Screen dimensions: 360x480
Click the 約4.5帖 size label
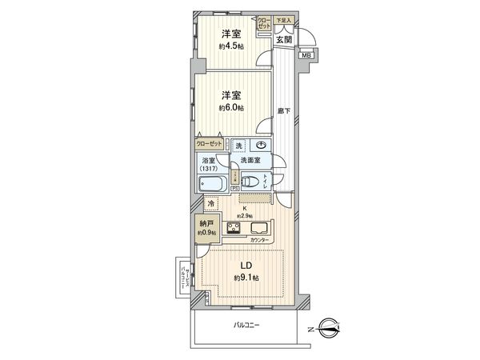point(233,46)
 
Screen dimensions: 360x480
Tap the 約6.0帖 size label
point(233,107)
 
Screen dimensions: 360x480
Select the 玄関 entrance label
point(284,38)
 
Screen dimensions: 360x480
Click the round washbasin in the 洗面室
point(261,145)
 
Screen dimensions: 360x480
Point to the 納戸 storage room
point(206,227)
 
